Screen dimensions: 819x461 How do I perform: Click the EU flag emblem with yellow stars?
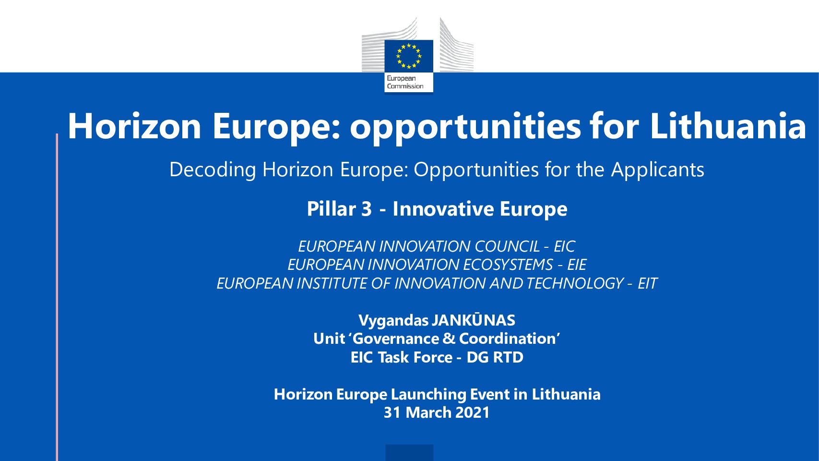pos(409,56)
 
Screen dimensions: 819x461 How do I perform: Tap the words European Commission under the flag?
pos(405,82)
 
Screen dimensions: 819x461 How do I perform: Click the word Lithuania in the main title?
pos(728,126)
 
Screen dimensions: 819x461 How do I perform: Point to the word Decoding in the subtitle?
pos(213,170)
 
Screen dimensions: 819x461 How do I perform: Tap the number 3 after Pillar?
pos(367,209)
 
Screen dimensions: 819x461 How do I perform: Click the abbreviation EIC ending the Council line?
pos(565,246)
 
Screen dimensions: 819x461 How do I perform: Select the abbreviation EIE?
pos(577,265)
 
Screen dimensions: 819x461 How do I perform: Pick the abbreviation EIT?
pos(648,283)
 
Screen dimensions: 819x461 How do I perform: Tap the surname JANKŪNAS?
pos(474,320)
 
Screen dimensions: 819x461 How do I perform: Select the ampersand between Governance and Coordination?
pos(448,339)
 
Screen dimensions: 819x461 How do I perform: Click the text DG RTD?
pos(495,357)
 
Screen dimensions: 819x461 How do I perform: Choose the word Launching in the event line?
pos(428,395)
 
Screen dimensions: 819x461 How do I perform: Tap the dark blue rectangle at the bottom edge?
pos(409,452)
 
